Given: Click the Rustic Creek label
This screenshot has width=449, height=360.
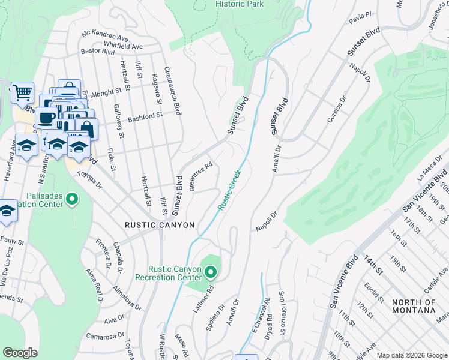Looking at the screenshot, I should (x=229, y=190).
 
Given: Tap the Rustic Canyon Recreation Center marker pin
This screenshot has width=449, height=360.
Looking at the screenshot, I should (x=211, y=273).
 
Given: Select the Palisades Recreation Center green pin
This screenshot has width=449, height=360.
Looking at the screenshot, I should (x=73, y=199).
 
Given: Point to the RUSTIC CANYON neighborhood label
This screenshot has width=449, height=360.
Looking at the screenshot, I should (x=160, y=225).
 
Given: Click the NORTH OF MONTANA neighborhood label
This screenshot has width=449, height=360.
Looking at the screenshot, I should (x=414, y=306).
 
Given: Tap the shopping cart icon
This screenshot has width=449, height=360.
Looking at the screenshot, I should (x=22, y=93).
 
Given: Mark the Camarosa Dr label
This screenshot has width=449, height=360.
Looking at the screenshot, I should (x=104, y=336).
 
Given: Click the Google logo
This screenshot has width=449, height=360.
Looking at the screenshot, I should (x=20, y=353).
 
